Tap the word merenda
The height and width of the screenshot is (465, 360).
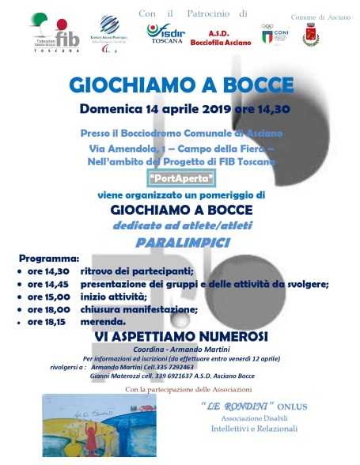[103, 322]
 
